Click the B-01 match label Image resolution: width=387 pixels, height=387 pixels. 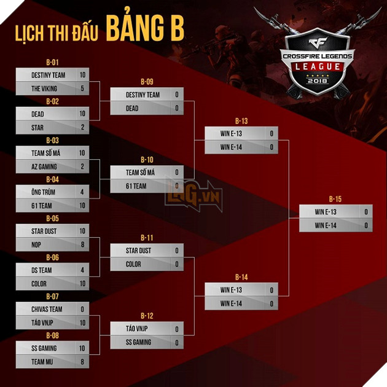click(52, 63)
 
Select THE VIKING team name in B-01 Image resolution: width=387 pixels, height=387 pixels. click(44, 88)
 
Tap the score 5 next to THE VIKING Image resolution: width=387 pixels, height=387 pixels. click(82, 88)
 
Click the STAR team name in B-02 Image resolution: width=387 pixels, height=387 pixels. click(37, 128)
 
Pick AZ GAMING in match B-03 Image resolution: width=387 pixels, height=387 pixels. click(44, 166)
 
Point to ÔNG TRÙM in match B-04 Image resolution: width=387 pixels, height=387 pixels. click(43, 192)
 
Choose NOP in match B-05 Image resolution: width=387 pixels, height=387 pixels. click(36, 244)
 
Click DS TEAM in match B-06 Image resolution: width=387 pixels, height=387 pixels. click(42, 270)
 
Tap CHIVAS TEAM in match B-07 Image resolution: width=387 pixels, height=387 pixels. click(47, 309)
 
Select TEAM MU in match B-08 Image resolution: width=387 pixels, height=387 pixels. click(42, 362)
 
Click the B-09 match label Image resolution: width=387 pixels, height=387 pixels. click(147, 82)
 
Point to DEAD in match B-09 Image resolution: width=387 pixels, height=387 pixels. click(132, 108)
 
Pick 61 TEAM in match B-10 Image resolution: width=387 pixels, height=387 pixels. click(136, 186)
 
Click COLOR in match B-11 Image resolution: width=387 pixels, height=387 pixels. click(133, 264)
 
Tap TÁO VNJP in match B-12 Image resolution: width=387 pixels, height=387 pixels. click(137, 328)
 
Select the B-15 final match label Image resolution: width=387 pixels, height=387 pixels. click(335, 199)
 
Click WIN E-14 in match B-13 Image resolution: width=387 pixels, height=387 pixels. click(231, 147)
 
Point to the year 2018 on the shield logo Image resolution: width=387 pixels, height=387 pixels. click(318, 80)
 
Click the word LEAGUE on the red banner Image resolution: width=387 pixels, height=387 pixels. click(318, 66)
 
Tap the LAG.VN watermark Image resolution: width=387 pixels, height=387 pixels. click(193, 195)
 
